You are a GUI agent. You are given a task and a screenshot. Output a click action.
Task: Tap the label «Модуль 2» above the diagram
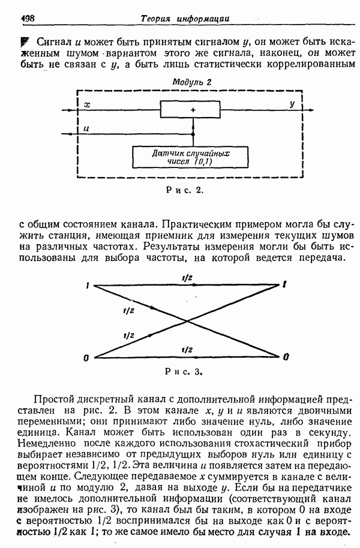pos(191,82)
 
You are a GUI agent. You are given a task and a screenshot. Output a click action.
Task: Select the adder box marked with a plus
pos(193,110)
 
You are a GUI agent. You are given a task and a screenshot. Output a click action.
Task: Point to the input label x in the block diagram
pos(88,104)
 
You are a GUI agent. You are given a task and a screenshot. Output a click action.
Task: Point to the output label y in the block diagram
pos(292,104)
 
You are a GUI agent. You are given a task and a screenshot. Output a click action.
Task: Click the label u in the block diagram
pos(88,128)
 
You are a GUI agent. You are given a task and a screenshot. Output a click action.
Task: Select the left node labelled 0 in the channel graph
pos(88,358)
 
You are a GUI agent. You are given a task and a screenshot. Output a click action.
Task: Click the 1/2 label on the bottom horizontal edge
pos(187,349)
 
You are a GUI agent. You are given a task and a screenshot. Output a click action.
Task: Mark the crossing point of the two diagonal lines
pos(188,321)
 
